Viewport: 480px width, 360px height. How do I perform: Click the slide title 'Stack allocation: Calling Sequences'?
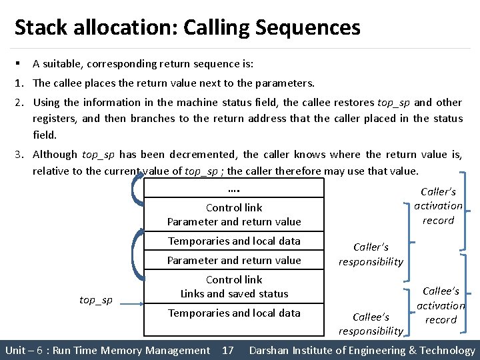click(187, 28)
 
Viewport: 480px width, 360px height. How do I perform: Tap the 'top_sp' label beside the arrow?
click(96, 300)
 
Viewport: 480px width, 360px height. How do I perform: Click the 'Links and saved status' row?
click(234, 293)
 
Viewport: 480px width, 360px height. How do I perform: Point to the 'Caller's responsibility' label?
click(371, 255)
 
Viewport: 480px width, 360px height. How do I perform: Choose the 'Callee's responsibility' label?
click(371, 324)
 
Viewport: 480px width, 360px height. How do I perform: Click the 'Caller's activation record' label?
click(438, 206)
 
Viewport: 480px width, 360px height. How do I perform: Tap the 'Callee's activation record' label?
click(441, 305)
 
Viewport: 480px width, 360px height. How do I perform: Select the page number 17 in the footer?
click(227, 350)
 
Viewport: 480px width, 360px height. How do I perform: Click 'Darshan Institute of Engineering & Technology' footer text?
click(362, 350)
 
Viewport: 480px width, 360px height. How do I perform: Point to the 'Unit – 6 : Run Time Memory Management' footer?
click(107, 350)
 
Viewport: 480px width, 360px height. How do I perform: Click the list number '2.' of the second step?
click(19, 103)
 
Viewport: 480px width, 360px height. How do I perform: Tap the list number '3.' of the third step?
click(19, 155)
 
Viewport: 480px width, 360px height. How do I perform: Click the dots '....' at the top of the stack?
click(234, 189)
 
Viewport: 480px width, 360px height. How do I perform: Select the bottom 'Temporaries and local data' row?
click(234, 313)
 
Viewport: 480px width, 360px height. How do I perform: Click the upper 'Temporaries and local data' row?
click(234, 241)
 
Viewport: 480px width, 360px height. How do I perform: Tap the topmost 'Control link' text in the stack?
click(234, 208)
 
